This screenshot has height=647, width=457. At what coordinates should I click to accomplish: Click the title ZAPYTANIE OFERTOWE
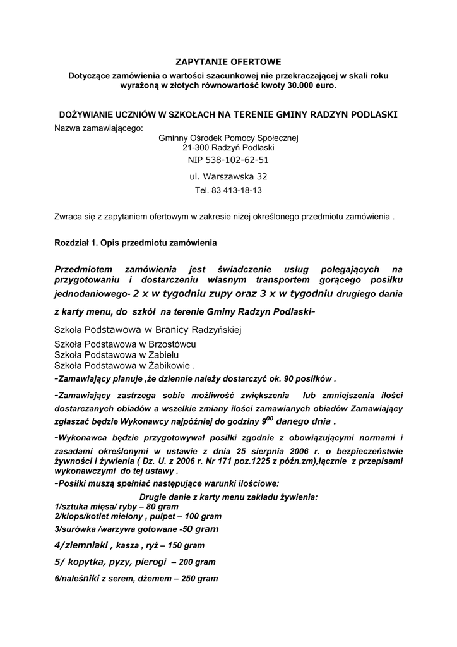click(228, 62)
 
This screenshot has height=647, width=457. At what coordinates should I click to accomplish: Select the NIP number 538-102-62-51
click(228, 160)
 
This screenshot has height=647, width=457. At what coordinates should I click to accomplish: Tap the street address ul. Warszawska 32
click(228, 176)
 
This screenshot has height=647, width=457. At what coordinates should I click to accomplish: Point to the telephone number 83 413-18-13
click(228, 190)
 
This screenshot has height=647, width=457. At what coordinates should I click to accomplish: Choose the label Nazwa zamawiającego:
click(99, 128)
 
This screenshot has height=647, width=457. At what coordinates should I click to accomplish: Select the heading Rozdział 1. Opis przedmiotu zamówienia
click(136, 243)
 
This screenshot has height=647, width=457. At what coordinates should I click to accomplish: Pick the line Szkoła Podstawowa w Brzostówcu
click(125, 344)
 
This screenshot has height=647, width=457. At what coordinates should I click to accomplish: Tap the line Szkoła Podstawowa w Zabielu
click(116, 355)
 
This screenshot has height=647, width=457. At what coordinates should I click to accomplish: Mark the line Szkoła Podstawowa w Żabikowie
click(123, 366)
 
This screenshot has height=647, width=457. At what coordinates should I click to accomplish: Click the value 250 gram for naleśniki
click(199, 578)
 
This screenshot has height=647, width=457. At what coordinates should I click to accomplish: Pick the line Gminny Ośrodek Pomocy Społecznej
click(228, 138)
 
